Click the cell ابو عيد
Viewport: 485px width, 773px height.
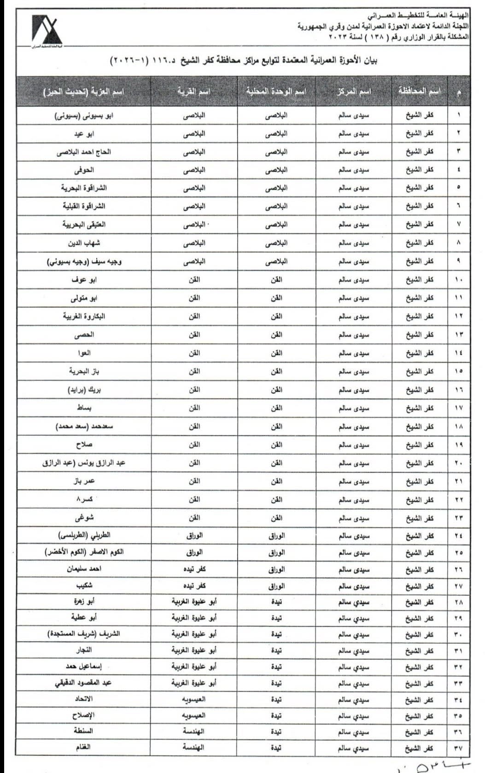84,134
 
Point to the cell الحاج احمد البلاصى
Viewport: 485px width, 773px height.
84,152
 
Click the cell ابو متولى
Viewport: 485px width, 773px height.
84,298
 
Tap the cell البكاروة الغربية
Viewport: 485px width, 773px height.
84,316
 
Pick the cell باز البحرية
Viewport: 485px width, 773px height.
84,371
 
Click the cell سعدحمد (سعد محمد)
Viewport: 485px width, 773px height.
84,427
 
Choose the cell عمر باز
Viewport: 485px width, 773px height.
84,481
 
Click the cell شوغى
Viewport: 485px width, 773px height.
84,518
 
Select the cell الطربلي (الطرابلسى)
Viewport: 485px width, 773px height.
84,536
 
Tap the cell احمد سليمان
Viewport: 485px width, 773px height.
84,569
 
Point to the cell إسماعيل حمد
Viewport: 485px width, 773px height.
84,667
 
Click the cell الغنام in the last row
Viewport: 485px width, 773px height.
84,748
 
